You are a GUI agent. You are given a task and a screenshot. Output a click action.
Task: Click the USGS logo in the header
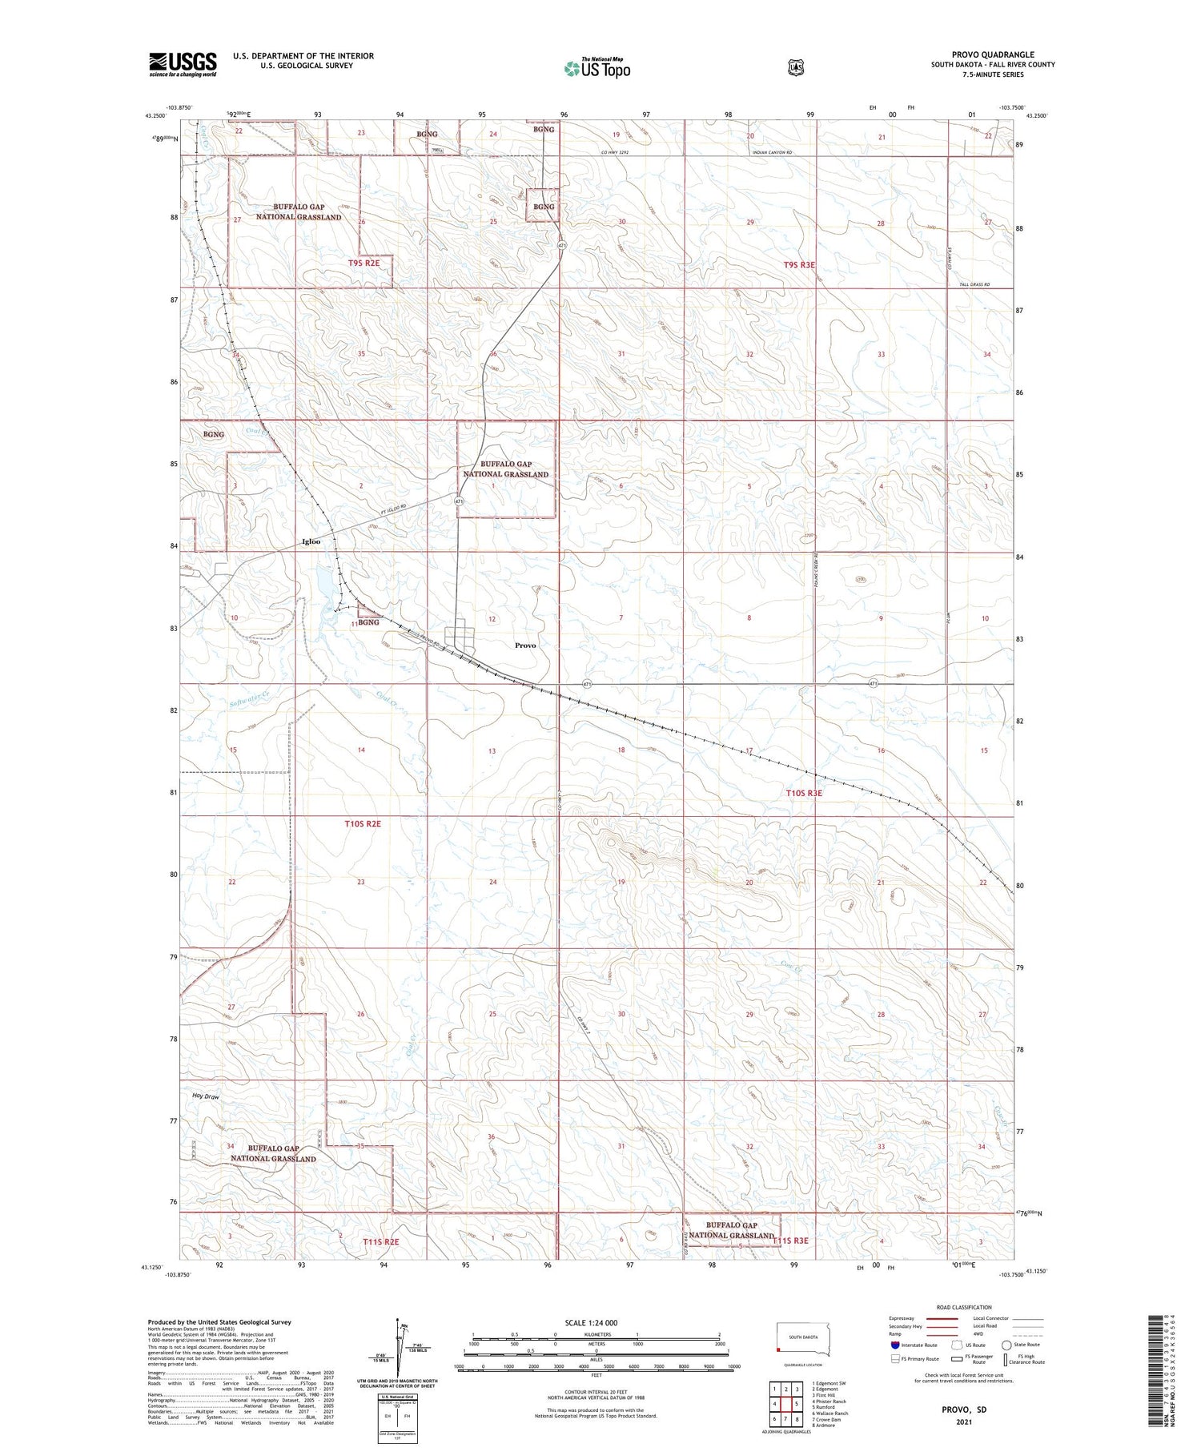tap(183, 64)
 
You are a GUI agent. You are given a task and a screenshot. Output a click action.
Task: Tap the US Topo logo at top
tap(596, 69)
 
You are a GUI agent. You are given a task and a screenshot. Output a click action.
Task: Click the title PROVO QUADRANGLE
tap(992, 55)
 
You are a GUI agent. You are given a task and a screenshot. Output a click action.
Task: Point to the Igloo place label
tap(311, 541)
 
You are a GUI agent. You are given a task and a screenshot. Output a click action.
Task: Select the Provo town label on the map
tap(525, 645)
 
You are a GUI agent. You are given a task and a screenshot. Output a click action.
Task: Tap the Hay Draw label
tap(206, 1096)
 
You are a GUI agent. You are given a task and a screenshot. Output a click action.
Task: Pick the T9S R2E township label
tap(364, 263)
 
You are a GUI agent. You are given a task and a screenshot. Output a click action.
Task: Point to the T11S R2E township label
tap(381, 1241)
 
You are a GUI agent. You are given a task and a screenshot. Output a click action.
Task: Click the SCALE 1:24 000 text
tap(591, 1322)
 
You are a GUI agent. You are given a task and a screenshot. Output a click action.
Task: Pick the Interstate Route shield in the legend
tap(894, 1345)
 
